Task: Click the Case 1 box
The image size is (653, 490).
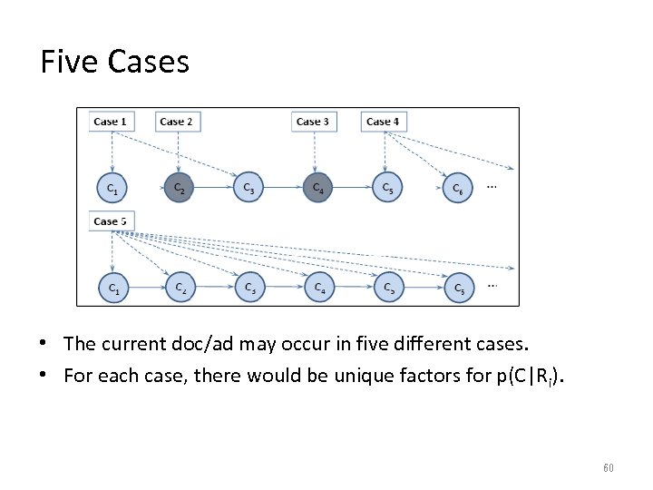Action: (111, 122)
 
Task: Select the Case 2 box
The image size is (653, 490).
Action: (176, 122)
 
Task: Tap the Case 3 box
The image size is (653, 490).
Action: (313, 122)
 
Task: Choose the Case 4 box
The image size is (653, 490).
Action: (383, 122)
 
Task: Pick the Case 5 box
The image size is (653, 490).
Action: (111, 221)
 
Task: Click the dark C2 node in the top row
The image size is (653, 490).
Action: (180, 189)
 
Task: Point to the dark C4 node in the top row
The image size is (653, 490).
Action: (317, 189)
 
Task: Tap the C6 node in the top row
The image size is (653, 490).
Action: (458, 189)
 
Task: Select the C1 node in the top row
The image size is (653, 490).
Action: (112, 189)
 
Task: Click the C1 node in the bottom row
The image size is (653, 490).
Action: (113, 288)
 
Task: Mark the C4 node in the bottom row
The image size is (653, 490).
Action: (319, 288)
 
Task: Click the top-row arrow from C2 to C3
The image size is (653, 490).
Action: (213, 189)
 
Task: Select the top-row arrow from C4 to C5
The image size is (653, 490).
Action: (352, 189)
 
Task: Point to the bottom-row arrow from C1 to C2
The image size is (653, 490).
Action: (147, 288)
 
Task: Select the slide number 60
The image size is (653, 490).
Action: (608, 467)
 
